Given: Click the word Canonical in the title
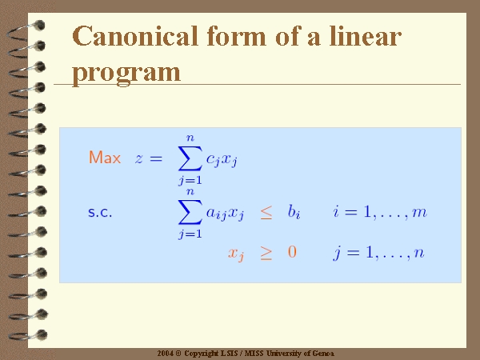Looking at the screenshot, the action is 135,36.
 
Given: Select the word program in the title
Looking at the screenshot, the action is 126,74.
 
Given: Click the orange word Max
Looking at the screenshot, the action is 105,158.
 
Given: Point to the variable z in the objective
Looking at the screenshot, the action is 139,158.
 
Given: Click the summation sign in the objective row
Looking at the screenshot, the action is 190,158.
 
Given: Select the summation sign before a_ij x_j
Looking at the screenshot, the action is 190,212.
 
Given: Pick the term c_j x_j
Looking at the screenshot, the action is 222,160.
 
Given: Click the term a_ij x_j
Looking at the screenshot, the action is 225,213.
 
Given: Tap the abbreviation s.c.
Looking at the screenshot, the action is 100,212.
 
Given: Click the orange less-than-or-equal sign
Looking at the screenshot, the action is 266,212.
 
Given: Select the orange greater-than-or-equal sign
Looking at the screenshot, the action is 266,254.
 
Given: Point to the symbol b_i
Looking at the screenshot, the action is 294,211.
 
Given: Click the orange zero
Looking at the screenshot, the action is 292,252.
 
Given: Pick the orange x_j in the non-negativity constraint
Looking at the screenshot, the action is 236,254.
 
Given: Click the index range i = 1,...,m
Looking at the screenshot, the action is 380,212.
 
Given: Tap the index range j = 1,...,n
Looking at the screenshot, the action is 378,253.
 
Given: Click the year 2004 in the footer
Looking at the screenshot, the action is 166,354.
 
